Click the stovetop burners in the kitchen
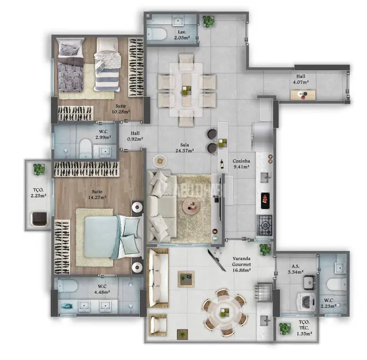point(265,225)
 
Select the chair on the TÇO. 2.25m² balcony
point(38,219)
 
